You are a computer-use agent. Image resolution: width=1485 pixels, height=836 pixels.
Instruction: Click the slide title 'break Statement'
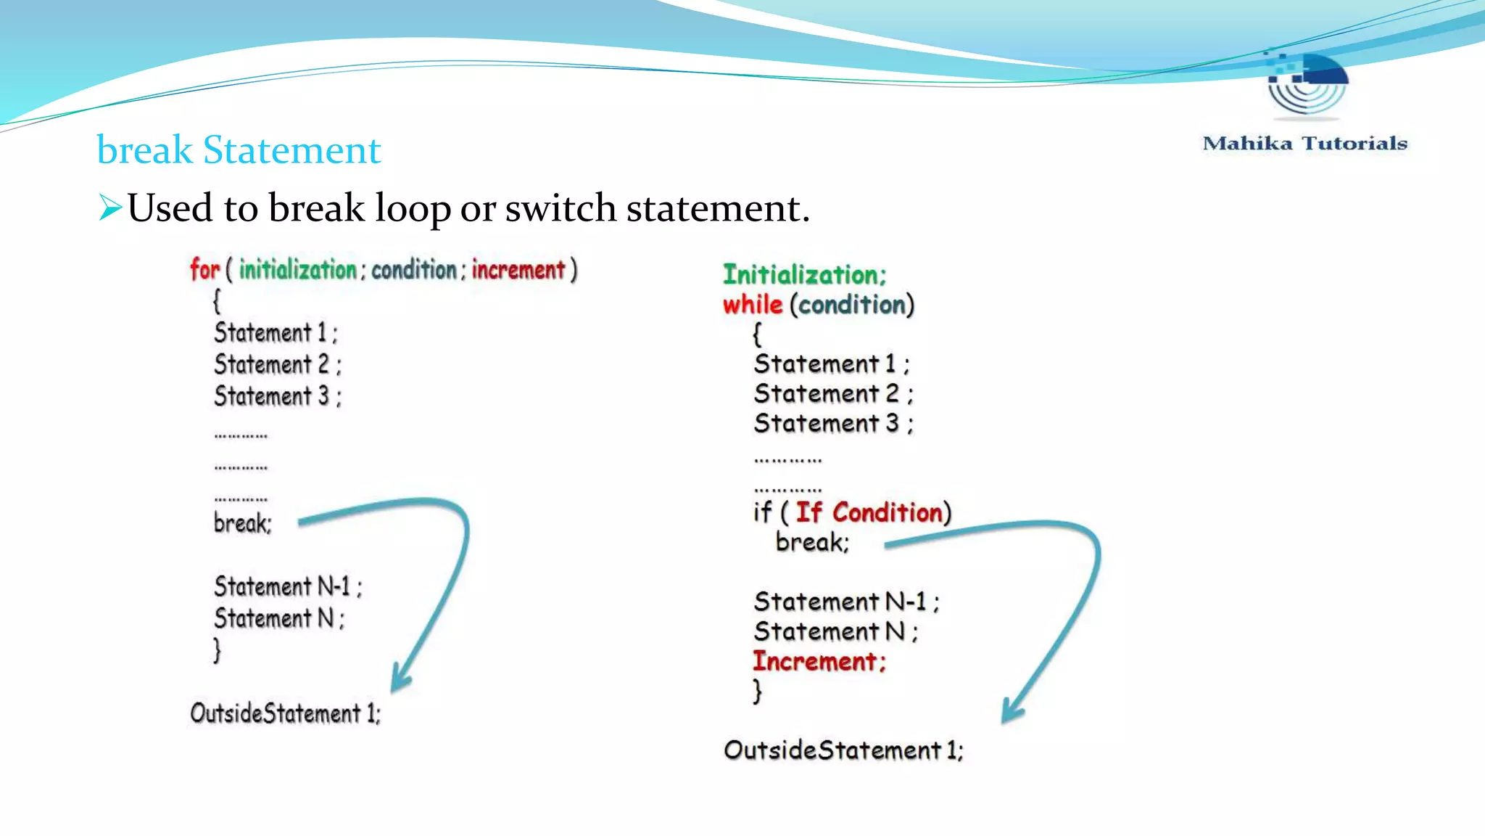239,150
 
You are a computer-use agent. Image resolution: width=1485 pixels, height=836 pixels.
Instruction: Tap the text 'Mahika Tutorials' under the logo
1304,144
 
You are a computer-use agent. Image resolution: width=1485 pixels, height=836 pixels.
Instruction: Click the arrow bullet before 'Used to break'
110,208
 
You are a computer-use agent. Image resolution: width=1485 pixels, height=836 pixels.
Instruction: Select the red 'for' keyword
204,269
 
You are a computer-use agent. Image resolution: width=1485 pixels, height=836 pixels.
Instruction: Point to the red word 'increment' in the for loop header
518,269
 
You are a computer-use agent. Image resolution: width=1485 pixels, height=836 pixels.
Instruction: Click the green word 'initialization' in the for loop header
297,269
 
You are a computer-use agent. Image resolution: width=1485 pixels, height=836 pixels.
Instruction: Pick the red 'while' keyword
753,305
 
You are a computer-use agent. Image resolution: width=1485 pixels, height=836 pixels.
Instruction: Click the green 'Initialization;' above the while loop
804,275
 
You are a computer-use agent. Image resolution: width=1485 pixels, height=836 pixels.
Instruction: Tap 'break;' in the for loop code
242,523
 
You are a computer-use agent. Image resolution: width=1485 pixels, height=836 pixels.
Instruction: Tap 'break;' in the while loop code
812,542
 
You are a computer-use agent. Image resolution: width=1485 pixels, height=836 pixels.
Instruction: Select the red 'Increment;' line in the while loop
819,662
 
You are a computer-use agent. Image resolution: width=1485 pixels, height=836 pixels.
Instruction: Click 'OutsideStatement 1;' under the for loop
285,713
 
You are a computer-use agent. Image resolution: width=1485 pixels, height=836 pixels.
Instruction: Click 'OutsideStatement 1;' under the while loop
843,750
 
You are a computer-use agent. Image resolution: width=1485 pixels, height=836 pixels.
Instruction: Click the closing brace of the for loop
217,649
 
